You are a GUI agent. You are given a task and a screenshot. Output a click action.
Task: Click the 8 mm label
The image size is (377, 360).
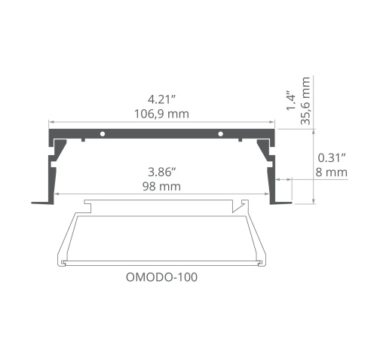[x=332, y=172]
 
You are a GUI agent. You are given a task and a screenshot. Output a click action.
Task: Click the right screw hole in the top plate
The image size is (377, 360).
[x=220, y=134]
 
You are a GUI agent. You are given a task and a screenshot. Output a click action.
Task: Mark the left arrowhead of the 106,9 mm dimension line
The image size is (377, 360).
[x=51, y=122]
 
